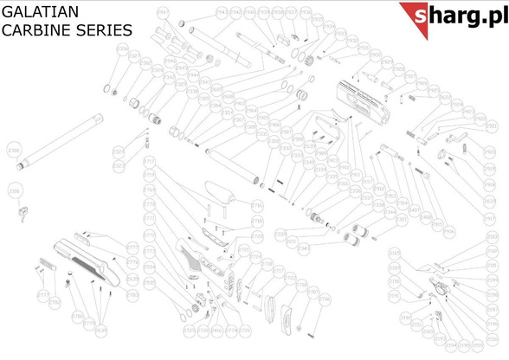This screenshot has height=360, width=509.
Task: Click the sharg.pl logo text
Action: [x=460, y=16]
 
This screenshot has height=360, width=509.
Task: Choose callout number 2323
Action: [x=119, y=164]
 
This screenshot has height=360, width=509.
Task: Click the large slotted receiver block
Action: [x=363, y=98]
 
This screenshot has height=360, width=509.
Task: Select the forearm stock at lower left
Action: [x=87, y=257]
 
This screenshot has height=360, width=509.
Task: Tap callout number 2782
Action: [x=132, y=295]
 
